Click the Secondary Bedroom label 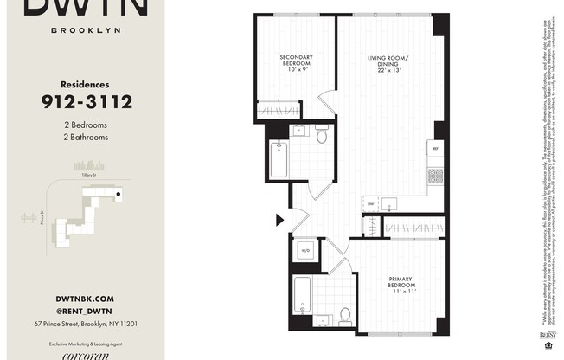click(x=296, y=63)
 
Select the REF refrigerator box click(x=437, y=150)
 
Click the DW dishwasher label click(x=371, y=204)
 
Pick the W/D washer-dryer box click(x=305, y=251)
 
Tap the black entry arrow click(x=279, y=221)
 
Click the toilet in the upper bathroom click(x=322, y=135)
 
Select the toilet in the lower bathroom click(x=344, y=315)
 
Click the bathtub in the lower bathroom click(x=303, y=293)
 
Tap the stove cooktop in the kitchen click(x=436, y=176)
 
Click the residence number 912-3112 click(x=86, y=103)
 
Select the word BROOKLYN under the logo click(x=85, y=29)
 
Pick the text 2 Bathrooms click(x=85, y=137)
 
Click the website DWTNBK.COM click(x=85, y=298)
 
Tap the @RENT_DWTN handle click(x=85, y=311)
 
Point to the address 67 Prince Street click(x=85, y=324)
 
